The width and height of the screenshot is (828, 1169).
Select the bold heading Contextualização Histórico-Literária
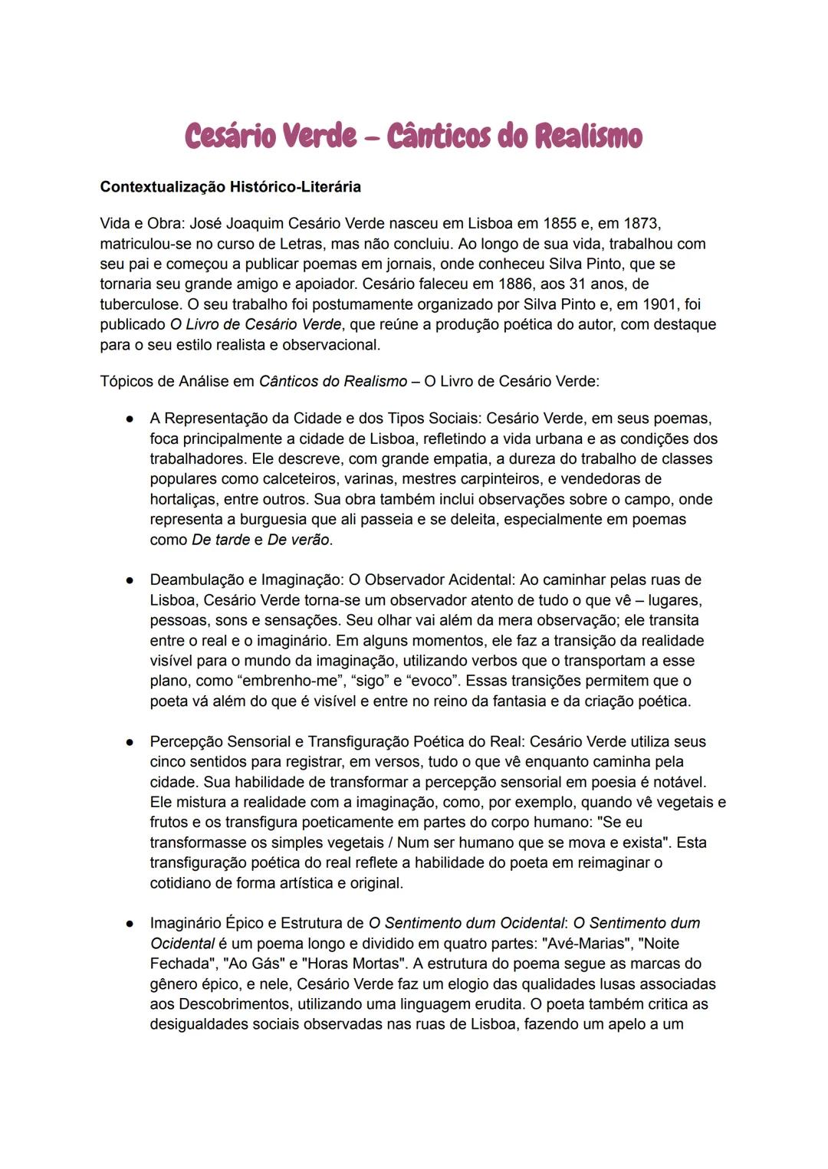click(x=230, y=187)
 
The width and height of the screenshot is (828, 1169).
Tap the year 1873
click(x=642, y=224)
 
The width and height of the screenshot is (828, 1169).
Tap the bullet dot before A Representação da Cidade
click(x=131, y=419)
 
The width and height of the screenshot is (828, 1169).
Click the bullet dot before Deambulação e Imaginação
click(x=131, y=580)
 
